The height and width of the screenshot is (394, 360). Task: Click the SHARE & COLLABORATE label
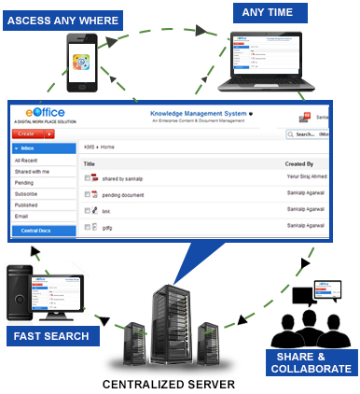point(311,363)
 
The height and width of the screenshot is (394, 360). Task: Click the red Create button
point(34,134)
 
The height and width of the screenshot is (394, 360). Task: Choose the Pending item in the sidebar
point(25,181)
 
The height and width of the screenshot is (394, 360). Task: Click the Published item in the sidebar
point(28,204)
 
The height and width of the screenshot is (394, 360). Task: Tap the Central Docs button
point(42,230)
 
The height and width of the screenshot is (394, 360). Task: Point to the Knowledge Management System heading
point(199,113)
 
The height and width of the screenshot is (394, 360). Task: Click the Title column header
point(90,163)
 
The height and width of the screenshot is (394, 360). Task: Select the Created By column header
point(299,163)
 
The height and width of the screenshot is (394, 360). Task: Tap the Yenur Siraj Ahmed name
point(305,177)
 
